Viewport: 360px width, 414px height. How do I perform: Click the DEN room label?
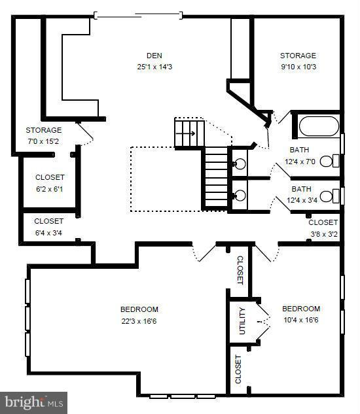coord(154,56)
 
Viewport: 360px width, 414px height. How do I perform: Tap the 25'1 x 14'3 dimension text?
coord(154,66)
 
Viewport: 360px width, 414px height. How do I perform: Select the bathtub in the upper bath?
coord(318,126)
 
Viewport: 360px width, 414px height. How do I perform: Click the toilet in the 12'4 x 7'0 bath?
coord(334,160)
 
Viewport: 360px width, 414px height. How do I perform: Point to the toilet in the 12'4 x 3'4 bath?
coord(334,195)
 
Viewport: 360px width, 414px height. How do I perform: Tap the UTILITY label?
coord(242,320)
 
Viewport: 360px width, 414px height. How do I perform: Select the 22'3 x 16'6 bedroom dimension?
coord(139,320)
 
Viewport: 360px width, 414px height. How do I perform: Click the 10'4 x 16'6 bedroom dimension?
coord(300,320)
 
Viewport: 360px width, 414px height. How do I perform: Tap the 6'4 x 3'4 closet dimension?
coord(48,232)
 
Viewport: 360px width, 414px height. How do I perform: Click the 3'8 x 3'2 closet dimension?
coord(323,232)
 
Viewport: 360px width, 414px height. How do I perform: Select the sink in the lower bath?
coord(238,194)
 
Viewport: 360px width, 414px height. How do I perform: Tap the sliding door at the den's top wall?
coord(137,13)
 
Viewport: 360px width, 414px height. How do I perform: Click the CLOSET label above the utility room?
coord(239,269)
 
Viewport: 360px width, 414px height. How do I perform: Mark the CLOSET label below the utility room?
coord(238,370)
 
